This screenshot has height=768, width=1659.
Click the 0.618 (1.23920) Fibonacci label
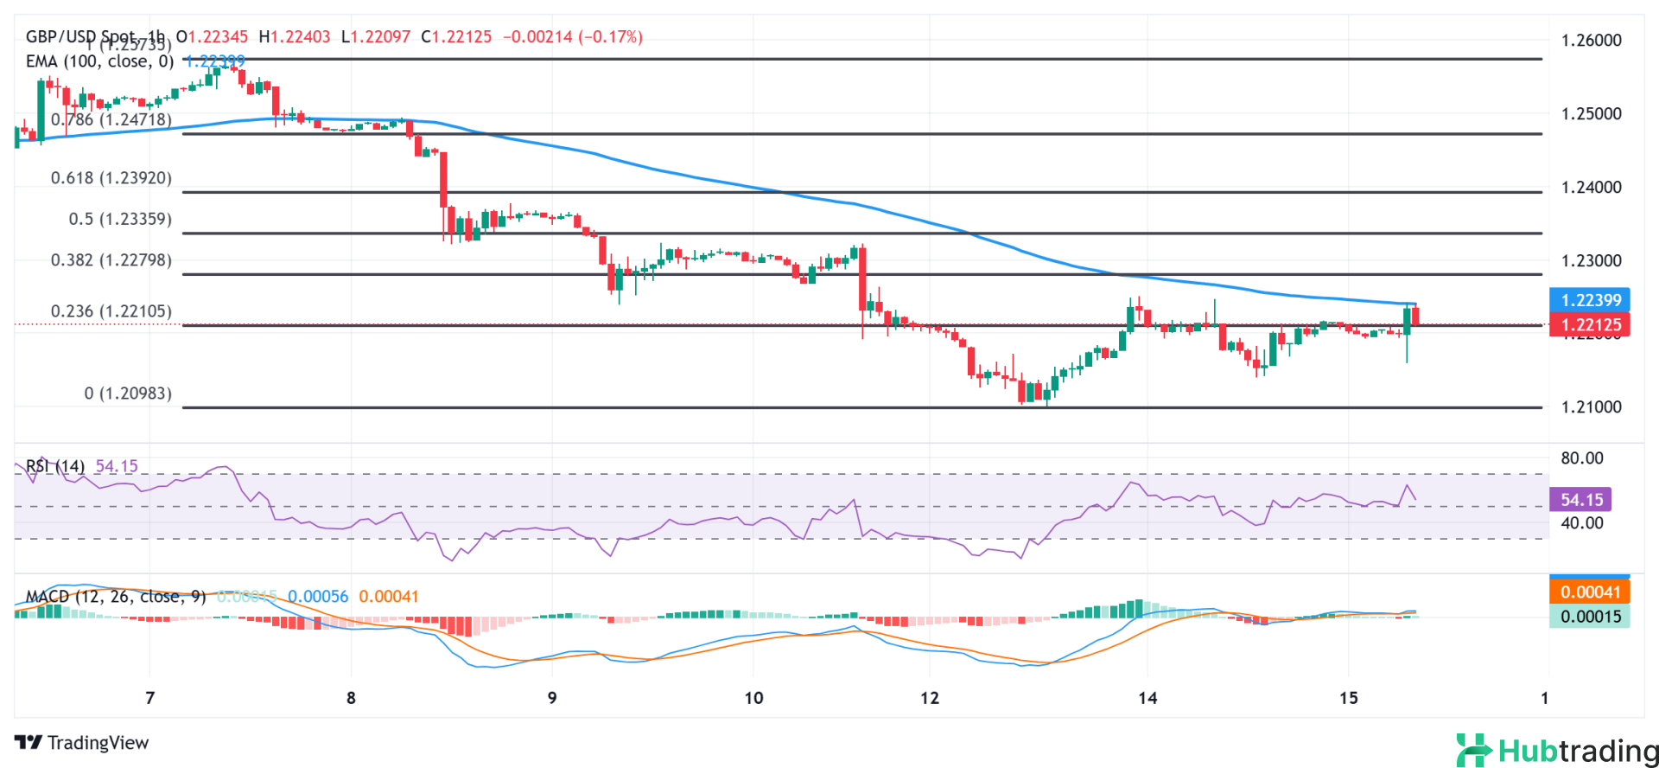(111, 178)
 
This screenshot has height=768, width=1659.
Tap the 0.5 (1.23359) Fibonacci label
(120, 220)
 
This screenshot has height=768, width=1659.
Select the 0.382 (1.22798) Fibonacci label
(111, 260)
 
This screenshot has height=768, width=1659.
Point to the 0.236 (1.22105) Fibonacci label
(111, 311)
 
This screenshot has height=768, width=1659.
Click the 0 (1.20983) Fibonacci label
(128, 394)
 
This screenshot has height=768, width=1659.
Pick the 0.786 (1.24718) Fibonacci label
(111, 120)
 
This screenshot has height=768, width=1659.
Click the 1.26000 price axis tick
(1591, 41)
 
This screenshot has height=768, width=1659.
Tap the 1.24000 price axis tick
(1591, 188)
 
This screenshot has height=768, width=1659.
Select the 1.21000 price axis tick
(1591, 407)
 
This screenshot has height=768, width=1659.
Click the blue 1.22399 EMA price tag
(1590, 300)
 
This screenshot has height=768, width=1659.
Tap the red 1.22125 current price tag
(1590, 325)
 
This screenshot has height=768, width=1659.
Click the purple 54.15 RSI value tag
(1580, 500)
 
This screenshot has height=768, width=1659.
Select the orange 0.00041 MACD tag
(1590, 592)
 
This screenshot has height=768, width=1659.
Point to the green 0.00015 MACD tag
(1590, 617)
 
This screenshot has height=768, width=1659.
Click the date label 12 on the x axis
(930, 699)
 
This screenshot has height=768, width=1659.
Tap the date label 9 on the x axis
(552, 699)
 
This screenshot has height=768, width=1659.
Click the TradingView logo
(81, 743)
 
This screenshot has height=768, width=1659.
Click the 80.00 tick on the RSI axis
(1581, 458)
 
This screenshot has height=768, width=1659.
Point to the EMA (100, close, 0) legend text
(99, 61)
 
